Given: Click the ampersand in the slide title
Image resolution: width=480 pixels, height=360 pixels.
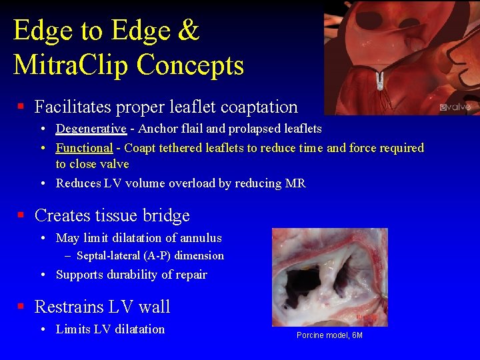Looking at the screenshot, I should [x=189, y=31].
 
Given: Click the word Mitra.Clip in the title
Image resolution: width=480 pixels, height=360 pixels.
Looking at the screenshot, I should [x=71, y=65].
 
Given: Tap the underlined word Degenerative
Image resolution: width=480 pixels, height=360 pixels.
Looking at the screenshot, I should [x=91, y=129].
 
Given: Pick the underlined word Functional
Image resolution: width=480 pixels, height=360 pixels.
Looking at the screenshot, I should [x=84, y=148].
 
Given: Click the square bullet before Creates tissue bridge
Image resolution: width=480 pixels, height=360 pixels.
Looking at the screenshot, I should [x=21, y=215].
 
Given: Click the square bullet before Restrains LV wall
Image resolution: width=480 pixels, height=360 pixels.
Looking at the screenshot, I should [x=21, y=307].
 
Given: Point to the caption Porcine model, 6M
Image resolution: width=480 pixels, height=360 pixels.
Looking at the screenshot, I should [x=329, y=335].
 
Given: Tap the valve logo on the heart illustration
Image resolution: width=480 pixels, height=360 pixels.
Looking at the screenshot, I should [x=455, y=107].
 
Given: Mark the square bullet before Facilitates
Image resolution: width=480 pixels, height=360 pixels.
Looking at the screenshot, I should [x=21, y=107].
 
